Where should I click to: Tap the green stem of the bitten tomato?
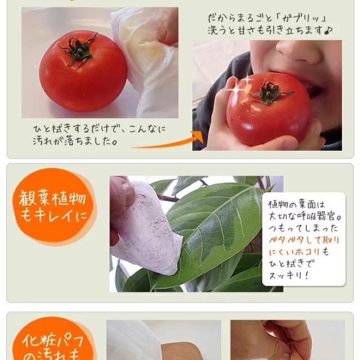tap(271, 92)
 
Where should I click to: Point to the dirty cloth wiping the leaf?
tap(147, 231)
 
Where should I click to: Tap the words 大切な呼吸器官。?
tap(304, 215)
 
